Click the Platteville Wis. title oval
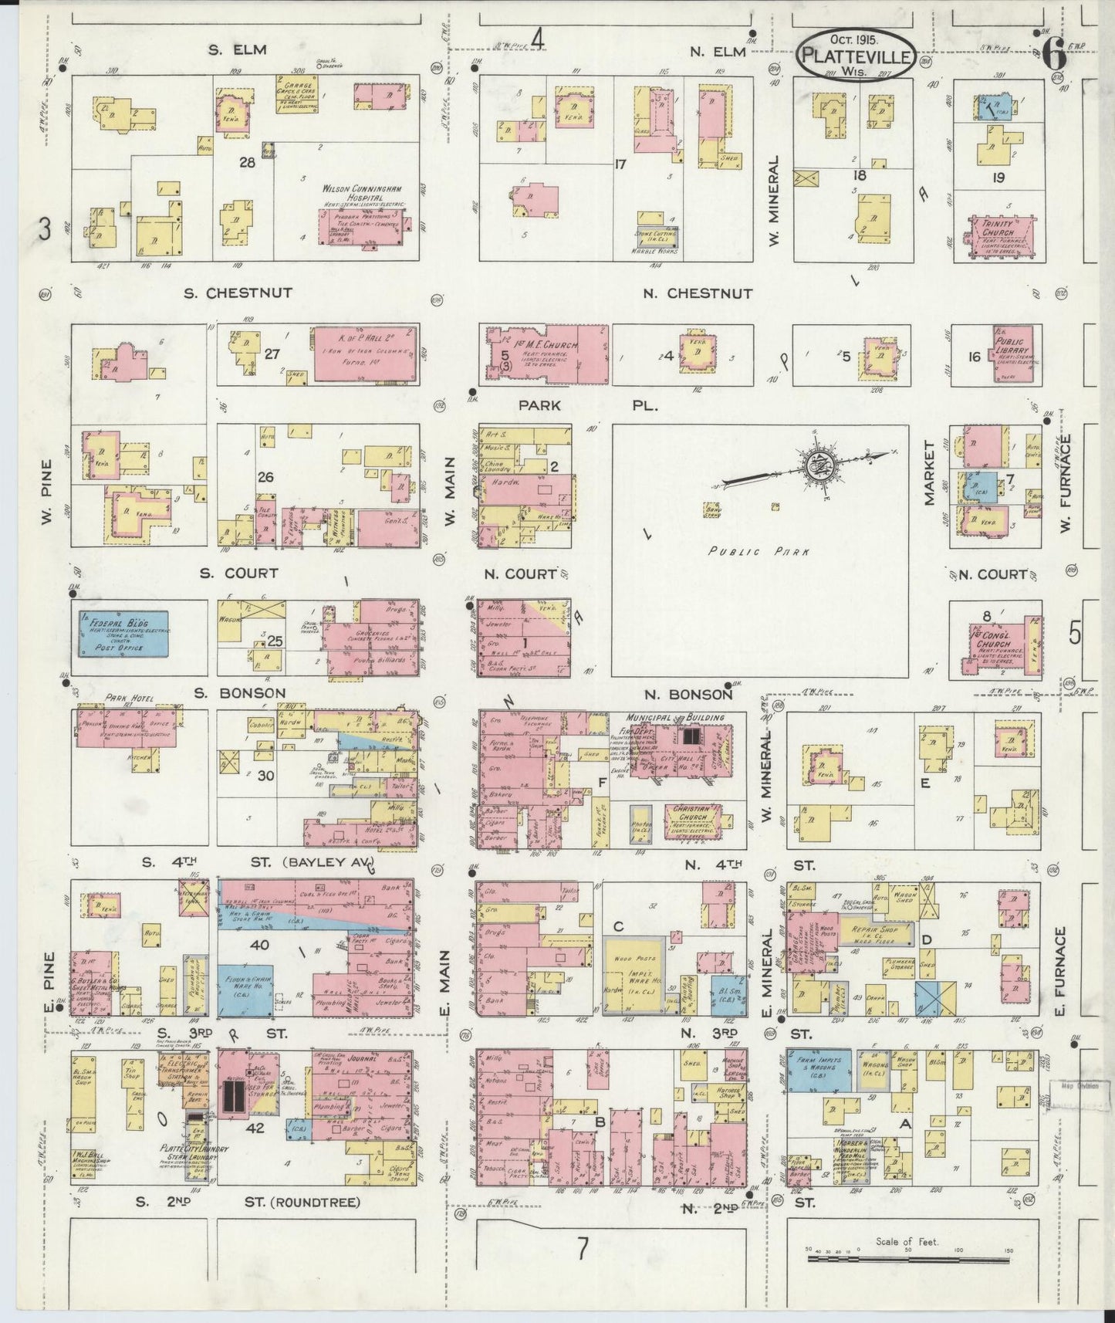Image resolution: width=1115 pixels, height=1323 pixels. coord(857,55)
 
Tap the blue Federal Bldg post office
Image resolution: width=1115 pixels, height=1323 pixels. coord(124,634)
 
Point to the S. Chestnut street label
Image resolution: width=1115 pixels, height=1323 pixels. coord(238,293)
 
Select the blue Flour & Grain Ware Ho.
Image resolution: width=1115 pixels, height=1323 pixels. coord(245,991)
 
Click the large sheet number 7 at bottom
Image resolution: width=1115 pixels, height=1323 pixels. coord(584,1268)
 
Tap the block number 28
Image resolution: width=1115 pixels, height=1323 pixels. coord(246,162)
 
